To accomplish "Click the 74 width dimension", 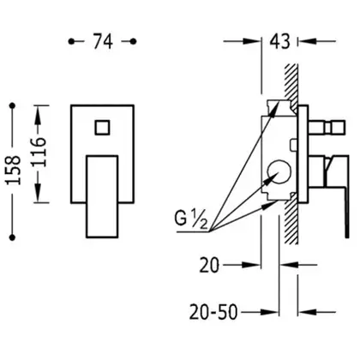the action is click(103, 42).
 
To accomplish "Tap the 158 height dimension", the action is click(14, 171).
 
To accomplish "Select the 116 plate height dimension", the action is click(39, 153).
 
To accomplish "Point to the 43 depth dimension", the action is click(280, 41).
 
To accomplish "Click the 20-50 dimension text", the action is click(213, 312).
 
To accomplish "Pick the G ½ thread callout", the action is click(191, 219).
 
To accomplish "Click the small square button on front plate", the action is click(102, 127).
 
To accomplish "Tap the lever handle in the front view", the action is click(102, 196).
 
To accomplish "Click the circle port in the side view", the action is click(279, 172).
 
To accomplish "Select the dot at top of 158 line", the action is click(12, 106).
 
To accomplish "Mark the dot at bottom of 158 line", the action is click(12, 237).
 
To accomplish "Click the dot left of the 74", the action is click(71, 41).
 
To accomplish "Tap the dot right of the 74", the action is click(133, 41).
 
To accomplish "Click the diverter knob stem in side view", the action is click(327, 127).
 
